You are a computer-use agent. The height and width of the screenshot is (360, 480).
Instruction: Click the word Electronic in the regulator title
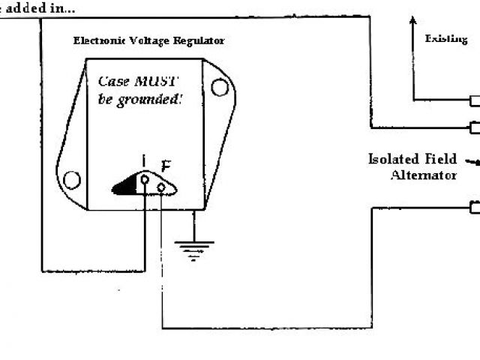(98, 40)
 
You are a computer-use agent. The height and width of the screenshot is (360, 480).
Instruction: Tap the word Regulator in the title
(199, 40)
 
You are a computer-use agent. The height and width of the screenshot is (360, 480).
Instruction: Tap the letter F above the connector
(166, 167)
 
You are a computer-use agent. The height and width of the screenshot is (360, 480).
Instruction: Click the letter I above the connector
(145, 161)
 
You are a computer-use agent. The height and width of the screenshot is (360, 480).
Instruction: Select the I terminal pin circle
(145, 179)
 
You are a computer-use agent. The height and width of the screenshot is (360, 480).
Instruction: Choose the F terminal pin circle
(161, 187)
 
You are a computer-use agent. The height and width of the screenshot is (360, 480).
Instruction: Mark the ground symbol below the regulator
(193, 248)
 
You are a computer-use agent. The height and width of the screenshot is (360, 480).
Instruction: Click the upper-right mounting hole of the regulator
(219, 88)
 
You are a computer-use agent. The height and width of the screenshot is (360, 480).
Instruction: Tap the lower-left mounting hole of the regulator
(71, 180)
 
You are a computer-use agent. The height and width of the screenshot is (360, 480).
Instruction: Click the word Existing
(446, 38)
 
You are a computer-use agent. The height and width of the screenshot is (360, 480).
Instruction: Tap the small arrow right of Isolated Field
(472, 160)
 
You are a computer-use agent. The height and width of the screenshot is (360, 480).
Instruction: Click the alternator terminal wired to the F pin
(474, 207)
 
